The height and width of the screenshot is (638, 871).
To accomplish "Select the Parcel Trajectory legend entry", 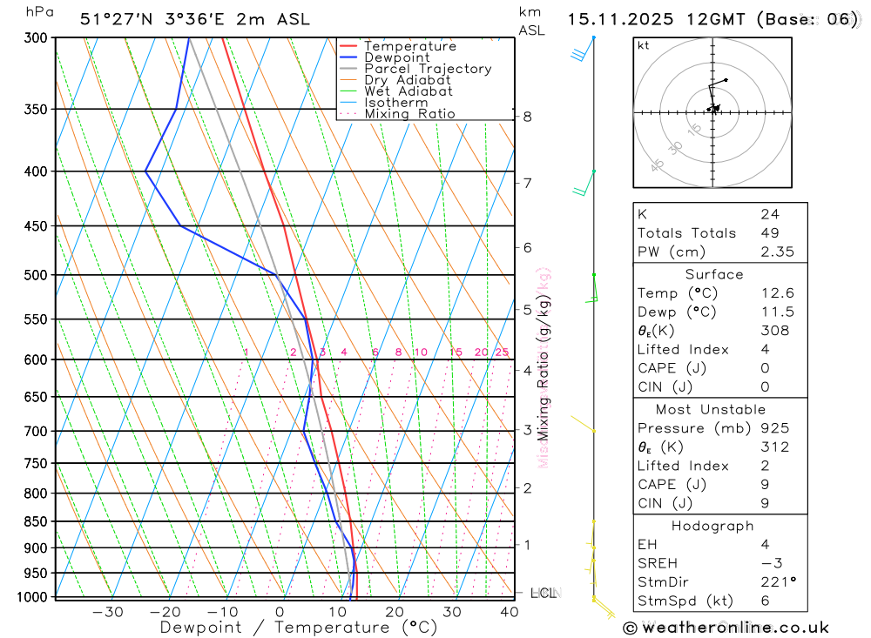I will [428, 69].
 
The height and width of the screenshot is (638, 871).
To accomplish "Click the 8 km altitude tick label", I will [528, 117].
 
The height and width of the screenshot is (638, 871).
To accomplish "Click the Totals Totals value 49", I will [769, 233].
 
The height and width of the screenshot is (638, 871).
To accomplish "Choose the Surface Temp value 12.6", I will [777, 293].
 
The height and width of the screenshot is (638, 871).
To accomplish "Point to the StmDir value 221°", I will [778, 581].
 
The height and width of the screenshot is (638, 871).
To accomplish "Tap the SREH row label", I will [657, 562].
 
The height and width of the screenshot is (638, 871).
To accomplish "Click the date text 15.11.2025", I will [611, 19].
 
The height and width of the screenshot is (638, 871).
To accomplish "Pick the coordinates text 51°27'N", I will [111, 19].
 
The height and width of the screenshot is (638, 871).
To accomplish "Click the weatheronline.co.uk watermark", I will [726, 627].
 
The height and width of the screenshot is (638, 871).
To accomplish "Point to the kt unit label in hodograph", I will [644, 45].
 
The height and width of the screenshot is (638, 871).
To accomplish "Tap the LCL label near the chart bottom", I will [543, 594].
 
